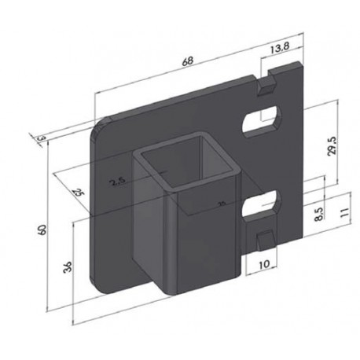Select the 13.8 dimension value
[278, 50]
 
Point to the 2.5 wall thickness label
[118, 182]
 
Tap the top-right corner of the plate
[302, 65]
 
